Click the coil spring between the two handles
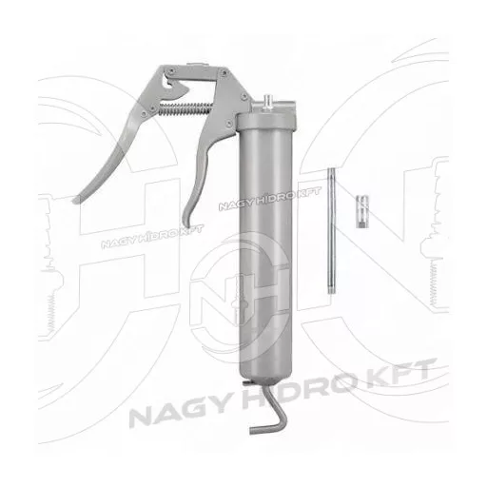tap(185, 107)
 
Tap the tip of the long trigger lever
tap(75, 200)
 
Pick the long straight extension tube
tap(331, 230)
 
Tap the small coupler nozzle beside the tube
tap(362, 211)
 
